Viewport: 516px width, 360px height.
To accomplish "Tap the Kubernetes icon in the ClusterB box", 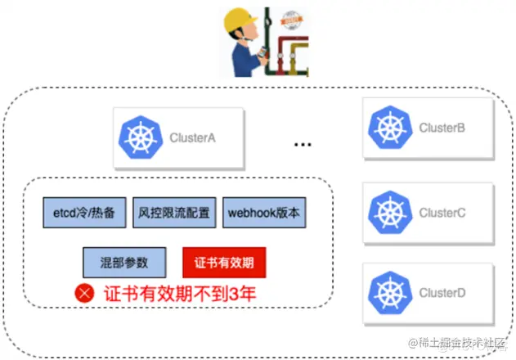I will pyautogui.click(x=391, y=128).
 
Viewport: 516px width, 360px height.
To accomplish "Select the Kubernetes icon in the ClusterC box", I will pyautogui.click(x=391, y=213).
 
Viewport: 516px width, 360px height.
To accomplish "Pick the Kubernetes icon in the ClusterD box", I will pyautogui.click(x=391, y=292).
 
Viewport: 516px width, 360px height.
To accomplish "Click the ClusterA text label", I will pyautogui.click(x=192, y=137).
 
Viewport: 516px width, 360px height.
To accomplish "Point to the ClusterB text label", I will pyautogui.click(x=442, y=128).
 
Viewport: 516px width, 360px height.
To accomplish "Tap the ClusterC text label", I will pyautogui.click(x=442, y=213).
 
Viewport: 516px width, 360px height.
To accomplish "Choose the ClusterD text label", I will pyautogui.click(x=442, y=292).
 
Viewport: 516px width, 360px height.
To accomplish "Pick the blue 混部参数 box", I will pyautogui.click(x=125, y=262).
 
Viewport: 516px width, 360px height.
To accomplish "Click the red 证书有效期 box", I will pyautogui.click(x=224, y=262).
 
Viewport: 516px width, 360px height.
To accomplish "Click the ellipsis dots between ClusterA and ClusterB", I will pyautogui.click(x=303, y=145).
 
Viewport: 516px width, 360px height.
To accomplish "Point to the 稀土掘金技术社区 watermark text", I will pyautogui.click(x=459, y=342).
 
